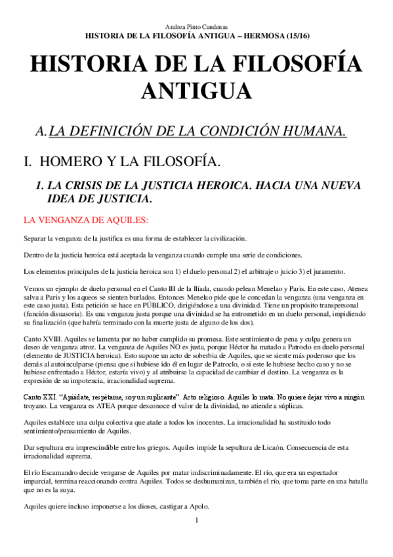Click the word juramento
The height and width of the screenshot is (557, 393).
[307, 271]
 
